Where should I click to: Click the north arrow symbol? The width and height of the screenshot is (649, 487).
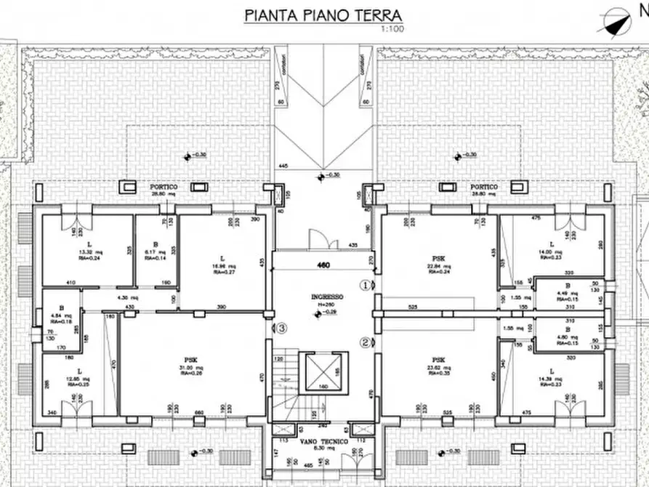(x=615, y=20)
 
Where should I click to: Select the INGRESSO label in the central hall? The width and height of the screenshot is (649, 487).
(x=325, y=297)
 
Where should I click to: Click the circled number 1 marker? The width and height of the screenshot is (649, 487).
(x=366, y=285)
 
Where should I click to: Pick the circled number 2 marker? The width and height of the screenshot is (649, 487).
(x=366, y=342)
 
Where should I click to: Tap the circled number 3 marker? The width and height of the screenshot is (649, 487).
(x=282, y=328)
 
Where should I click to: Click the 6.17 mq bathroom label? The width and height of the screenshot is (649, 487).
(x=155, y=251)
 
